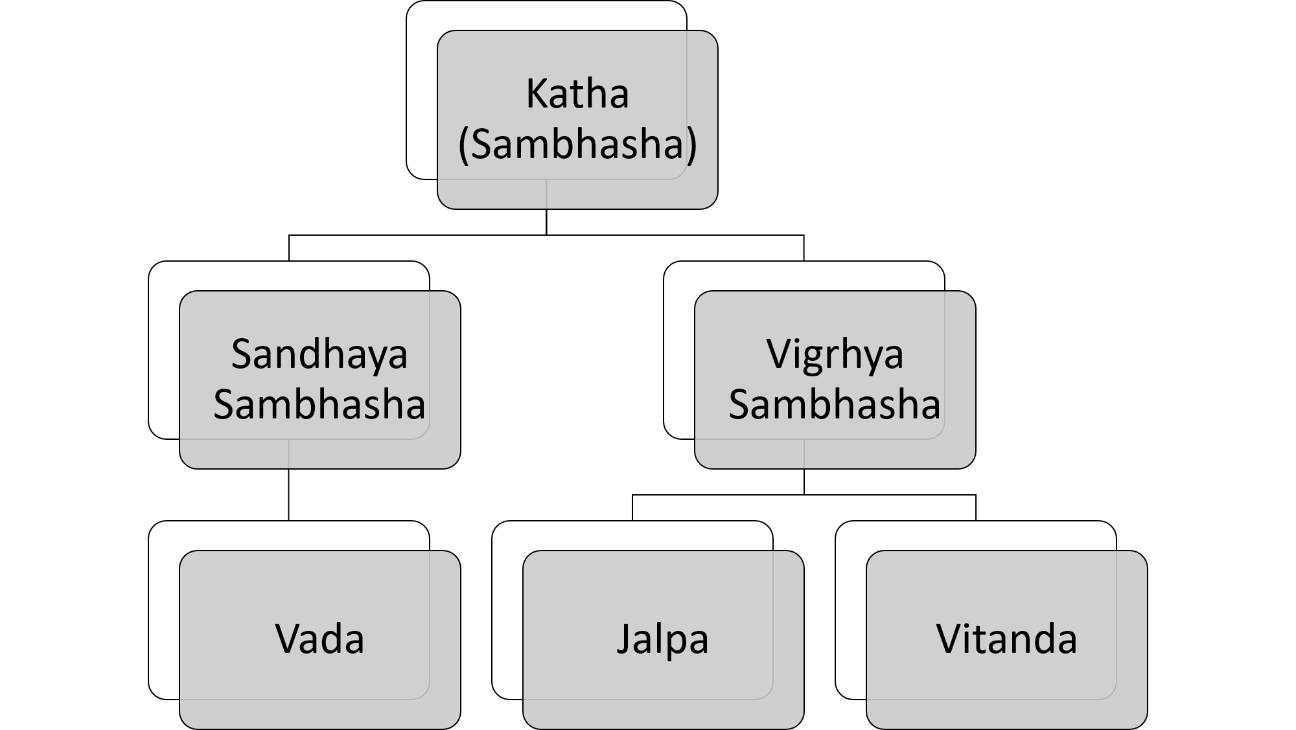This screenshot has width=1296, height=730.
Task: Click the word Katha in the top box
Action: tap(577, 94)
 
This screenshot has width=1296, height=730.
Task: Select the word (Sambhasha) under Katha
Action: tap(577, 144)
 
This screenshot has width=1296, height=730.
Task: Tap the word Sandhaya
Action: tap(319, 354)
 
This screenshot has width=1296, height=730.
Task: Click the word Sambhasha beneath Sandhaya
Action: tap(319, 404)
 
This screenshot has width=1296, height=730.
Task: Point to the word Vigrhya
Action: tap(835, 354)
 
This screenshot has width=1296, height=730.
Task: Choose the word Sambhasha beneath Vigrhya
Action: tap(835, 404)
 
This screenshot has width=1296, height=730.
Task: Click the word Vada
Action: tap(319, 639)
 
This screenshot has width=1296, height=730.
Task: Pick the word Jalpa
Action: tap(662, 639)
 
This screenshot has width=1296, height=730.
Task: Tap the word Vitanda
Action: tap(1006, 639)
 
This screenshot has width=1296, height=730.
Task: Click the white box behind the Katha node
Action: tap(422, 97)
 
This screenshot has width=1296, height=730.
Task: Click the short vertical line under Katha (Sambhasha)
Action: tap(546, 194)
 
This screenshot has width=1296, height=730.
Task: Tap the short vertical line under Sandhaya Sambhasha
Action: tap(289, 453)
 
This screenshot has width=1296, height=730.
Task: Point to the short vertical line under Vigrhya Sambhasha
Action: tap(804, 453)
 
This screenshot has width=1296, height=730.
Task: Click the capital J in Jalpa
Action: tap(623, 639)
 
